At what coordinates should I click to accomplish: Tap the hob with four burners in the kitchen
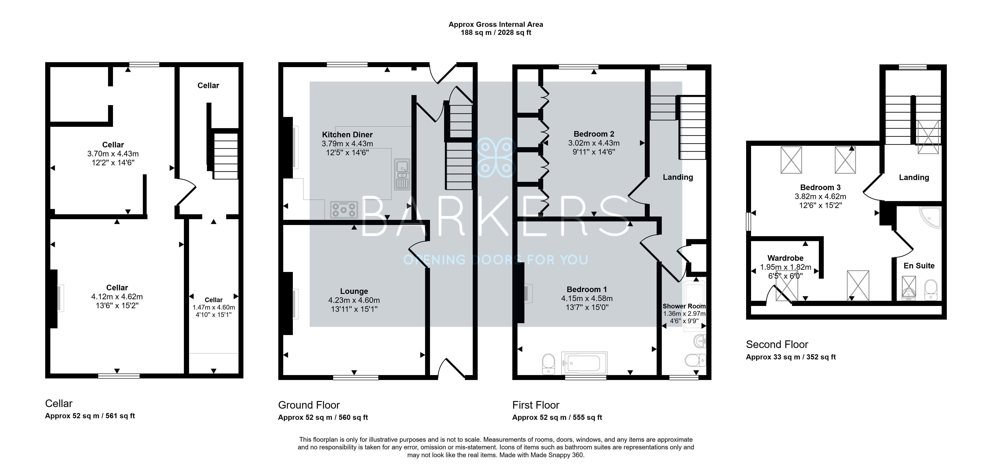click(343, 210)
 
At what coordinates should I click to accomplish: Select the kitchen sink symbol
click(402, 174)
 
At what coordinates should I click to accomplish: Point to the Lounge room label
click(354, 291)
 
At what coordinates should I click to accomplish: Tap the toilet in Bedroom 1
click(548, 364)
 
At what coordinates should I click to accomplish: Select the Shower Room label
click(684, 306)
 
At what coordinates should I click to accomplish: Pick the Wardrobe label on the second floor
click(785, 258)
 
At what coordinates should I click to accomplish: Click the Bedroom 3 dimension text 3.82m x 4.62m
click(820, 196)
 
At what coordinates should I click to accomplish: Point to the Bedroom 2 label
click(594, 134)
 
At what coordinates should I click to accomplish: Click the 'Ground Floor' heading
click(309, 405)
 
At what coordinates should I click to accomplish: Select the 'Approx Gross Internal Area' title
click(496, 24)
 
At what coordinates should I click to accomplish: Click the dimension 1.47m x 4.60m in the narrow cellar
click(214, 307)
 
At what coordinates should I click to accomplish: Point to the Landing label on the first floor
click(678, 177)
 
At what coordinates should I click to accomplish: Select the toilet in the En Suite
click(930, 290)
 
